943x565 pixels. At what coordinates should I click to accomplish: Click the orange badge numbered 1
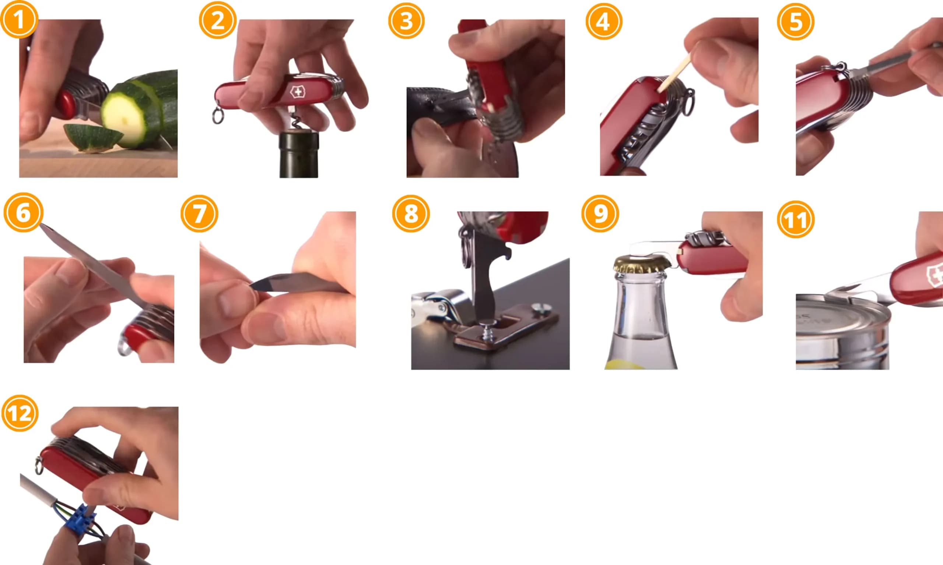[19, 19]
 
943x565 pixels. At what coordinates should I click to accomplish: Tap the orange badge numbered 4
[604, 21]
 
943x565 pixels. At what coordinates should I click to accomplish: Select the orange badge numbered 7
[199, 213]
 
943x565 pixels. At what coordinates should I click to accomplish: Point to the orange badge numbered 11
[796, 219]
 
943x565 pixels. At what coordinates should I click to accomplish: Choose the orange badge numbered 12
[20, 413]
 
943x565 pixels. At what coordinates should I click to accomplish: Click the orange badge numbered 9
[600, 213]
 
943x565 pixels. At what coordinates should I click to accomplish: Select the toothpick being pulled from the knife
[674, 73]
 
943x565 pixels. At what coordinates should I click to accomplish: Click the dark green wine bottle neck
[299, 155]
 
